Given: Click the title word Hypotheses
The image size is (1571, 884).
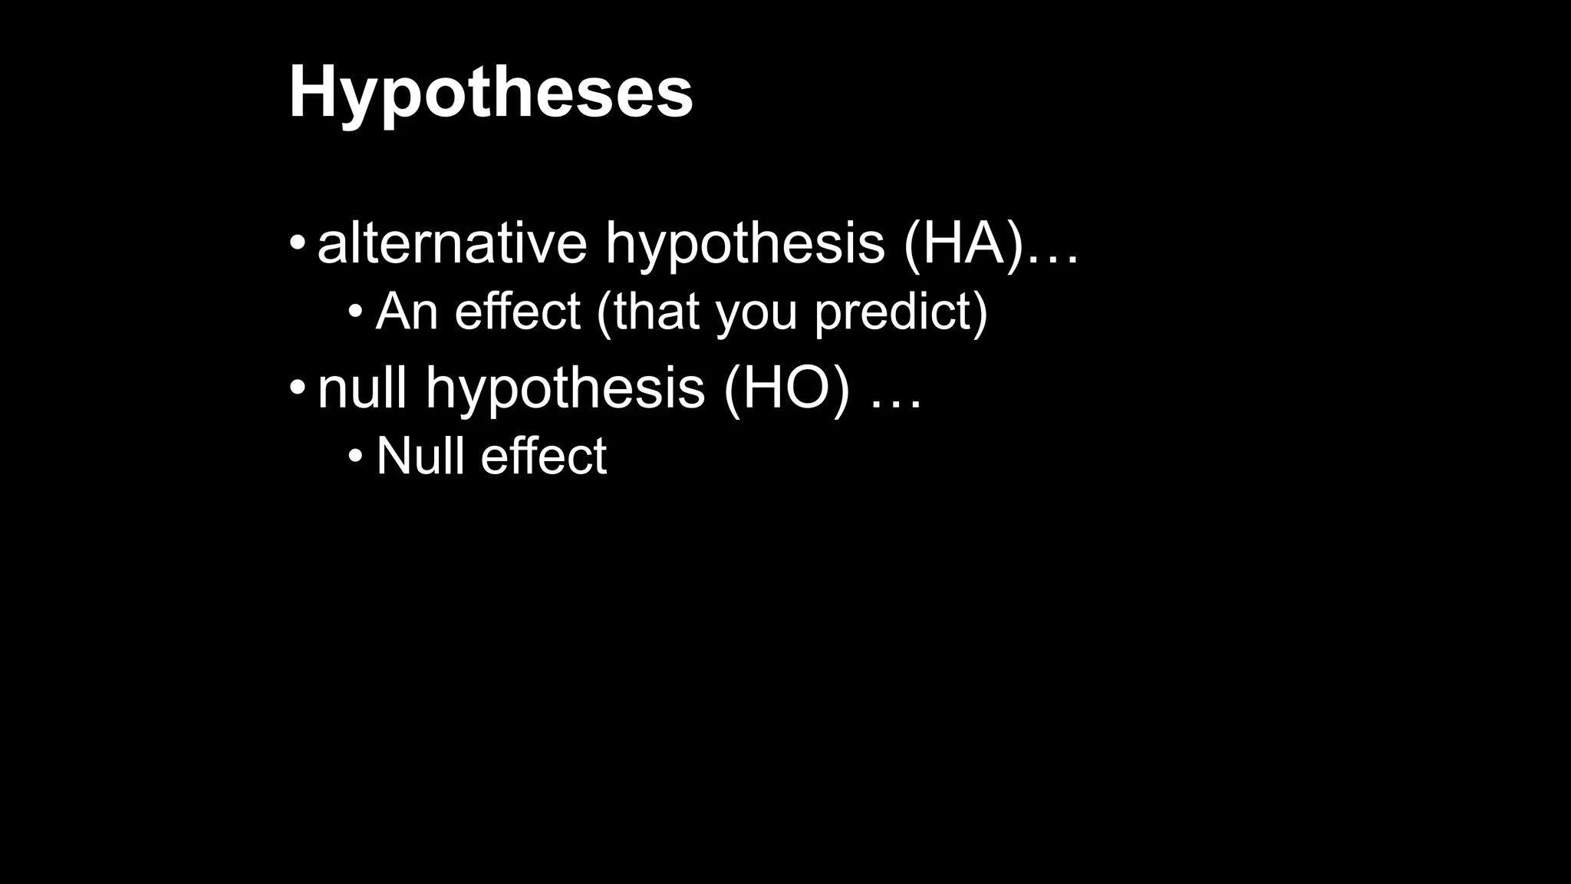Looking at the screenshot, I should click(490, 93).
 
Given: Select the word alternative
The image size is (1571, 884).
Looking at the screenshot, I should click(452, 242).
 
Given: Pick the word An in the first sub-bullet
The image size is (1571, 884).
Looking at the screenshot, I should click(407, 312).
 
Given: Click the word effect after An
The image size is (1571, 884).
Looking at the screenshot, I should click(517, 312).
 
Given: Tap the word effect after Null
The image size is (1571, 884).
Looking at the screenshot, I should click(544, 456).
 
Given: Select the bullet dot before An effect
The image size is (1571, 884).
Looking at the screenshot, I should click(355, 312).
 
